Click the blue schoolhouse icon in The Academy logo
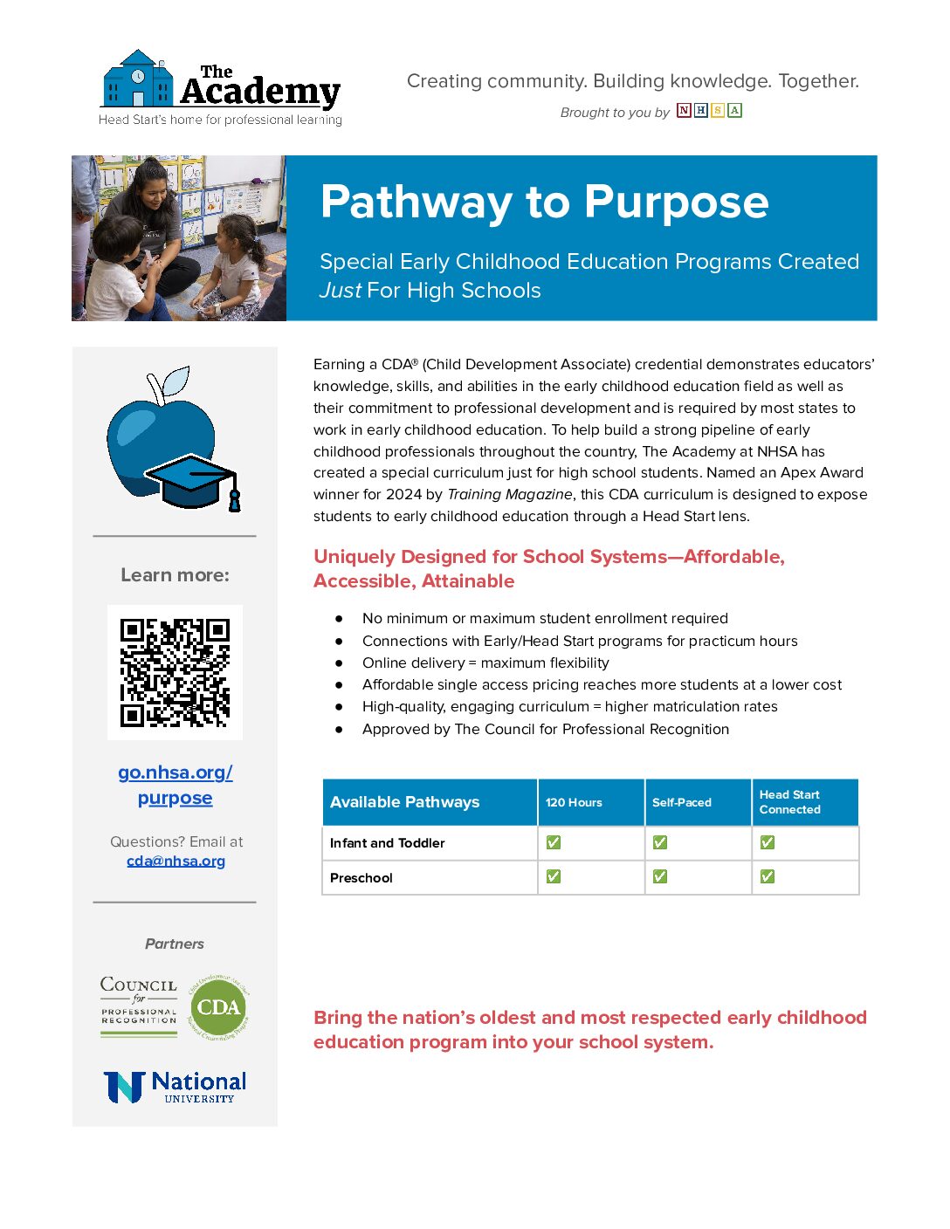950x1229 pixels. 138,79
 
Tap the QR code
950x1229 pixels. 175,672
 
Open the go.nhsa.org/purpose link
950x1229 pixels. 176,785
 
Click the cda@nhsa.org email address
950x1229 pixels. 176,861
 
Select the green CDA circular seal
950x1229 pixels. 218,1007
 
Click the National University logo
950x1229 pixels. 175,1088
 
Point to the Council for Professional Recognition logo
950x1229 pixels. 139,1006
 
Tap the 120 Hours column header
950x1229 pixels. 574,802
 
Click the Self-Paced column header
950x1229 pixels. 681,802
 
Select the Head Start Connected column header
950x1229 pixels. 789,802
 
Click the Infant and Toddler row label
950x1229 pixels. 388,843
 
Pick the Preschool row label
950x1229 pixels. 361,878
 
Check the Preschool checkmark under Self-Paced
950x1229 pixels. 660,876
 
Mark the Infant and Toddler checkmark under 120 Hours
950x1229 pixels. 554,842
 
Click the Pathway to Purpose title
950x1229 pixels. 544,203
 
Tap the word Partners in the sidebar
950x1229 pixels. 175,944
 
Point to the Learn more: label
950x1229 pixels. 175,575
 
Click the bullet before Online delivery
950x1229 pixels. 339,663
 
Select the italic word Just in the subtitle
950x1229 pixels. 341,291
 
